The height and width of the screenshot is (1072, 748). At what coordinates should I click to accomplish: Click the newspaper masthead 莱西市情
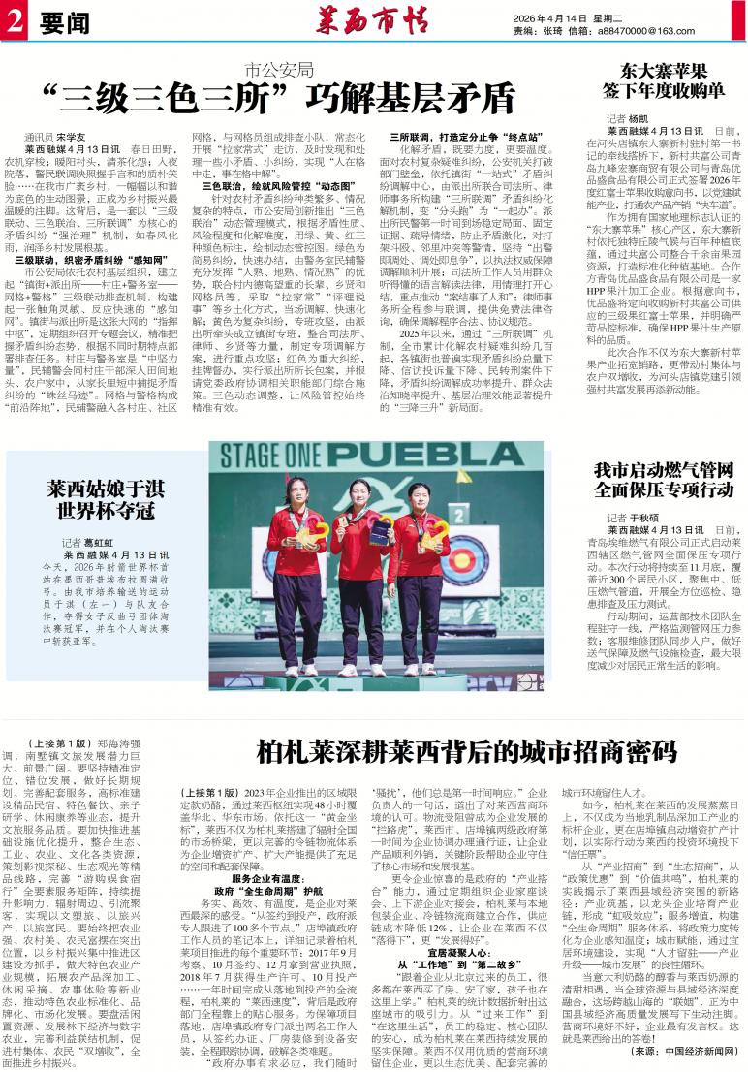(372, 18)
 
